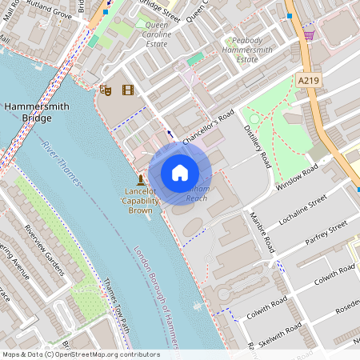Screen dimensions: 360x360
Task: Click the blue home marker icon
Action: [180, 172]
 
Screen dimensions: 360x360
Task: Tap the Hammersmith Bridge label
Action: [28, 111]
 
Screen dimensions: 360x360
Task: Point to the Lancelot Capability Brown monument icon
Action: [141, 178]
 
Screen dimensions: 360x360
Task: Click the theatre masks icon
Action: [105, 91]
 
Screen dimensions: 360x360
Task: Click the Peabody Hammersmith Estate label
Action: [254, 49]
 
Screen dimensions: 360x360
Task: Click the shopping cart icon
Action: [309, 35]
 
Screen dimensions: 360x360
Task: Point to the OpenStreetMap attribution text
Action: [81, 354]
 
